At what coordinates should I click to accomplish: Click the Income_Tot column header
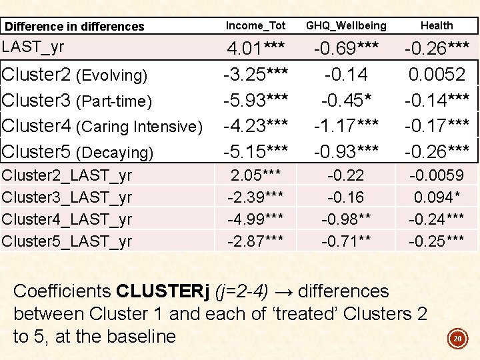point(255,25)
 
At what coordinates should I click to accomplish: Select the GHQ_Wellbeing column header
point(345,25)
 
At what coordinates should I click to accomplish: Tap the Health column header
point(437,25)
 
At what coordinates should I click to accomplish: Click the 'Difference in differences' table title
point(74,27)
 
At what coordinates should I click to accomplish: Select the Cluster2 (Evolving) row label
point(75,75)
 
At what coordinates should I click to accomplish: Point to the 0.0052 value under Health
point(437,75)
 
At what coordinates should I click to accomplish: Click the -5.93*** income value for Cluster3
point(255,100)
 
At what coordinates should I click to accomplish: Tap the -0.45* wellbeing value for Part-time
point(345,100)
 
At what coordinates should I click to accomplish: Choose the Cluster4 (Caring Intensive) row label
point(102,126)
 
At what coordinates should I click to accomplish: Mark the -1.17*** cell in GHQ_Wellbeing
point(345,125)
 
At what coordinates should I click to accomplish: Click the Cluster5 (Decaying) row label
point(78,152)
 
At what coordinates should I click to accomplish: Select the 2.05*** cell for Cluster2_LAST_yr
point(255,175)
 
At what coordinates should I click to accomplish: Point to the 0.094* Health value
point(437,197)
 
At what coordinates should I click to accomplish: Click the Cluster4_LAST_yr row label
point(67,219)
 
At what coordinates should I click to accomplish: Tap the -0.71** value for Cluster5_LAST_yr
point(345,241)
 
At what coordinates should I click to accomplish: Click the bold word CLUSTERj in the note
point(161,291)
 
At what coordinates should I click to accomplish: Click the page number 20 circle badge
point(457,339)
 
